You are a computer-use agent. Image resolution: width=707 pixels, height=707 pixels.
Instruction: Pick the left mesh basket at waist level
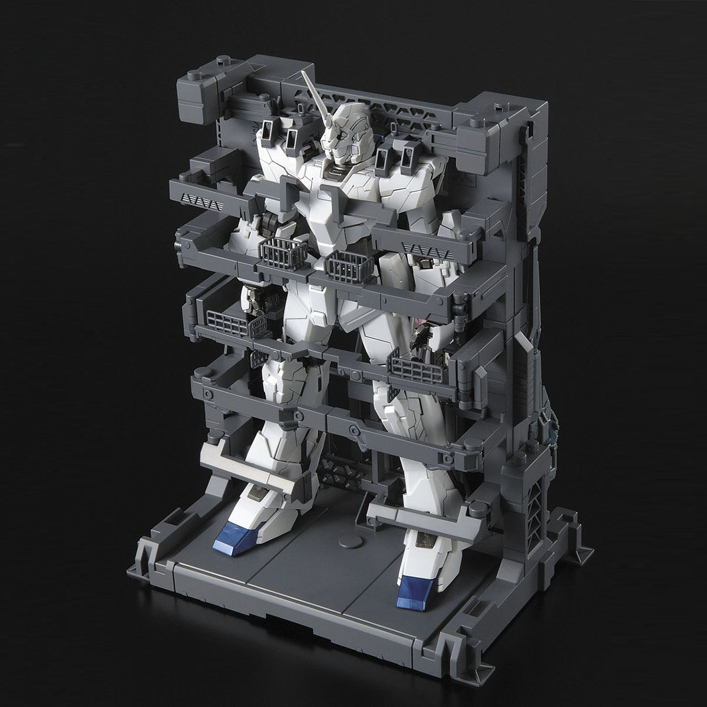click(x=280, y=250)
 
